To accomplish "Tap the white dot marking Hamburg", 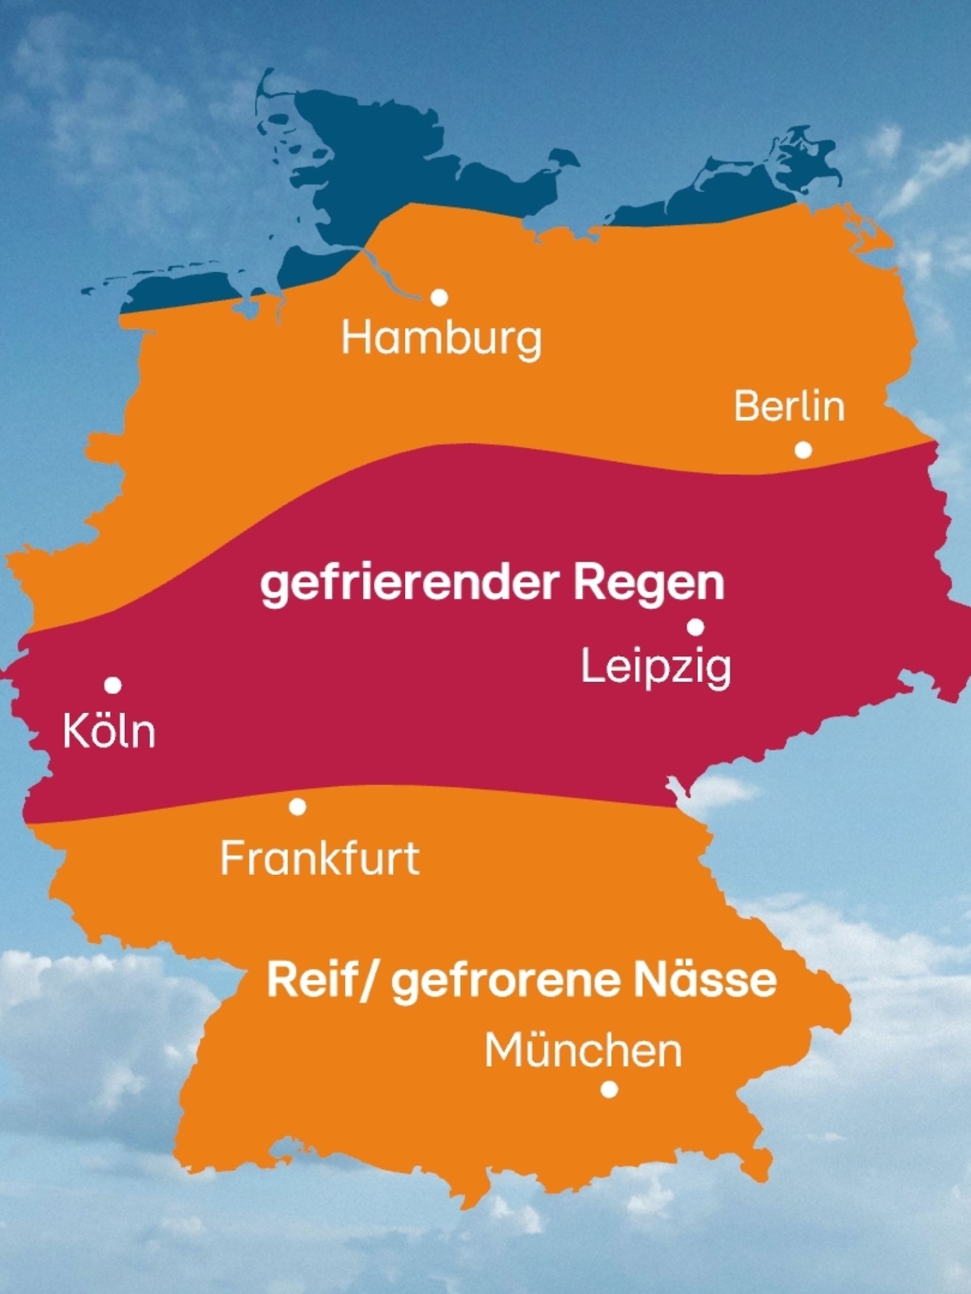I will click(x=439, y=298).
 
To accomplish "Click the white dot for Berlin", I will click(x=803, y=450).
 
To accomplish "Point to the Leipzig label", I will click(x=656, y=668).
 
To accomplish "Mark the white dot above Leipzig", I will click(x=695, y=627).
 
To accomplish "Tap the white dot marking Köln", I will click(x=113, y=684).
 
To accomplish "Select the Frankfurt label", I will click(x=320, y=859).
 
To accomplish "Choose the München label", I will click(x=583, y=1051).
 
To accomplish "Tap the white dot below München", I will click(x=609, y=1089).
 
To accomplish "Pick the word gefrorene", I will click(x=507, y=983).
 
